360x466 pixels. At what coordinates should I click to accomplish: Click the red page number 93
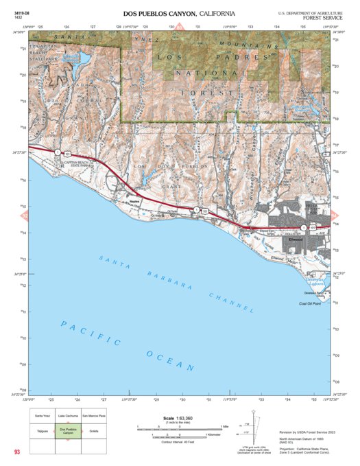[17, 452]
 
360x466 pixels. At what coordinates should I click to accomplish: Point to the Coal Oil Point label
[311, 303]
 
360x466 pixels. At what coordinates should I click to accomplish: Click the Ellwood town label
[296, 240]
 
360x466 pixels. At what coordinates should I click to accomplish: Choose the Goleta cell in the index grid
[93, 430]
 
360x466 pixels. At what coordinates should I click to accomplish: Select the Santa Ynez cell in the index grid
[43, 415]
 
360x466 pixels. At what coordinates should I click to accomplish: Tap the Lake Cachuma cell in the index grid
[68, 415]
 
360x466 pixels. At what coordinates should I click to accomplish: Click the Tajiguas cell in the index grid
[43, 430]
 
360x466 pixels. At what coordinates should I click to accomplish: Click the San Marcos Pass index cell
[93, 415]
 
